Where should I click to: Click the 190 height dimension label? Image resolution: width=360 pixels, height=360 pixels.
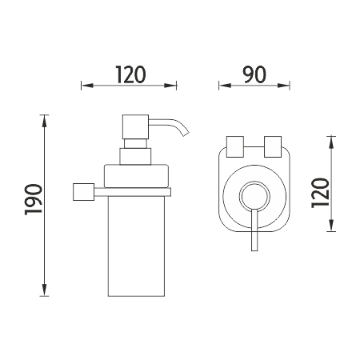(x=34, y=199)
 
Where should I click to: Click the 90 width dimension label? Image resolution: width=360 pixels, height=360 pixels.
(x=254, y=74)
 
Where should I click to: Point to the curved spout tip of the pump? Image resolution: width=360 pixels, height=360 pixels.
(x=186, y=134)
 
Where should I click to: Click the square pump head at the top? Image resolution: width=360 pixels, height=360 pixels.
(x=135, y=127)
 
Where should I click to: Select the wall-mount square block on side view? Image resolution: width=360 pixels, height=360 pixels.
(x=84, y=192)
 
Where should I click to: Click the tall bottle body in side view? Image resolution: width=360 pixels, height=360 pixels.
(x=136, y=246)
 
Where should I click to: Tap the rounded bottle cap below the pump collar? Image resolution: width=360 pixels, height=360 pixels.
(x=137, y=176)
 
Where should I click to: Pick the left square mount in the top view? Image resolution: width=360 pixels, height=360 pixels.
(x=235, y=146)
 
